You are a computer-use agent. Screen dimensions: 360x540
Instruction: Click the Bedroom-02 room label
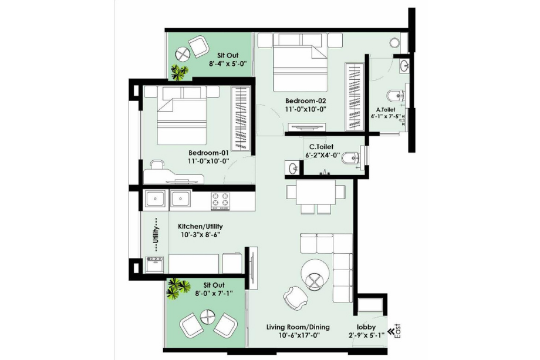coord(306,100)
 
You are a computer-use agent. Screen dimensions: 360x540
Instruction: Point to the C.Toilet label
coord(322,148)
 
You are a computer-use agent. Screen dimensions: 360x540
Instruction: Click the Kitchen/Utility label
coord(200,226)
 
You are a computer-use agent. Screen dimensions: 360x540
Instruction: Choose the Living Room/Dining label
coord(298,327)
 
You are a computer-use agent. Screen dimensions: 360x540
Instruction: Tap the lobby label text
coord(366,327)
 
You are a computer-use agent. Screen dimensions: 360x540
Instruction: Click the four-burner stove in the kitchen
coord(220,200)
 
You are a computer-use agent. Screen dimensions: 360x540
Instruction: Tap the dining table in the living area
coord(311,192)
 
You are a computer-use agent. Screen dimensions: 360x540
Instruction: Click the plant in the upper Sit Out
coord(180,72)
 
